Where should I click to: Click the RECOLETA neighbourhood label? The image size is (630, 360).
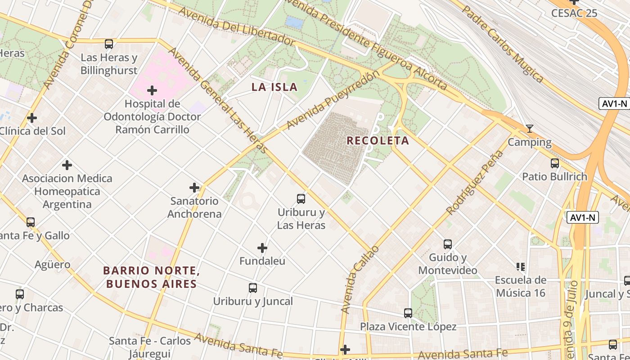(378, 140)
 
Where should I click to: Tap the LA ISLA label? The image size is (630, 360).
(274, 87)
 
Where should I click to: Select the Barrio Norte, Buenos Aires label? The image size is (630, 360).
(151, 277)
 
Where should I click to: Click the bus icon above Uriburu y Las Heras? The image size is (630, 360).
(301, 198)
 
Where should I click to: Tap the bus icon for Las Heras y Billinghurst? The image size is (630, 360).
(109, 44)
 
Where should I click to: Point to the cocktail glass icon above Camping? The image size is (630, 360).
(530, 129)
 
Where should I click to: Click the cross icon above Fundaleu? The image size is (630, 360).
(262, 248)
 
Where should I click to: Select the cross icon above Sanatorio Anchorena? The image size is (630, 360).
(194, 188)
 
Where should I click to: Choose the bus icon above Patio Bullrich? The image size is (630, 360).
(555, 163)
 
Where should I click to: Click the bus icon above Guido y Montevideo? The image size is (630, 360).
(448, 244)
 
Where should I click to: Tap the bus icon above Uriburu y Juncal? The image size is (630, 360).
(253, 288)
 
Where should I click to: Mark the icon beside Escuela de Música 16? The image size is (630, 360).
(521, 267)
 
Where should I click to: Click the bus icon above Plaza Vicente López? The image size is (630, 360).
(408, 313)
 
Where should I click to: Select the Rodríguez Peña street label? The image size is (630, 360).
(474, 182)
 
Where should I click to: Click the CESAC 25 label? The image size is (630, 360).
(574, 13)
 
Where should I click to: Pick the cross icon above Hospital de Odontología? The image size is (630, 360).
(152, 90)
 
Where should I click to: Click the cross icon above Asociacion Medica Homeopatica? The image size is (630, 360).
(67, 165)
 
